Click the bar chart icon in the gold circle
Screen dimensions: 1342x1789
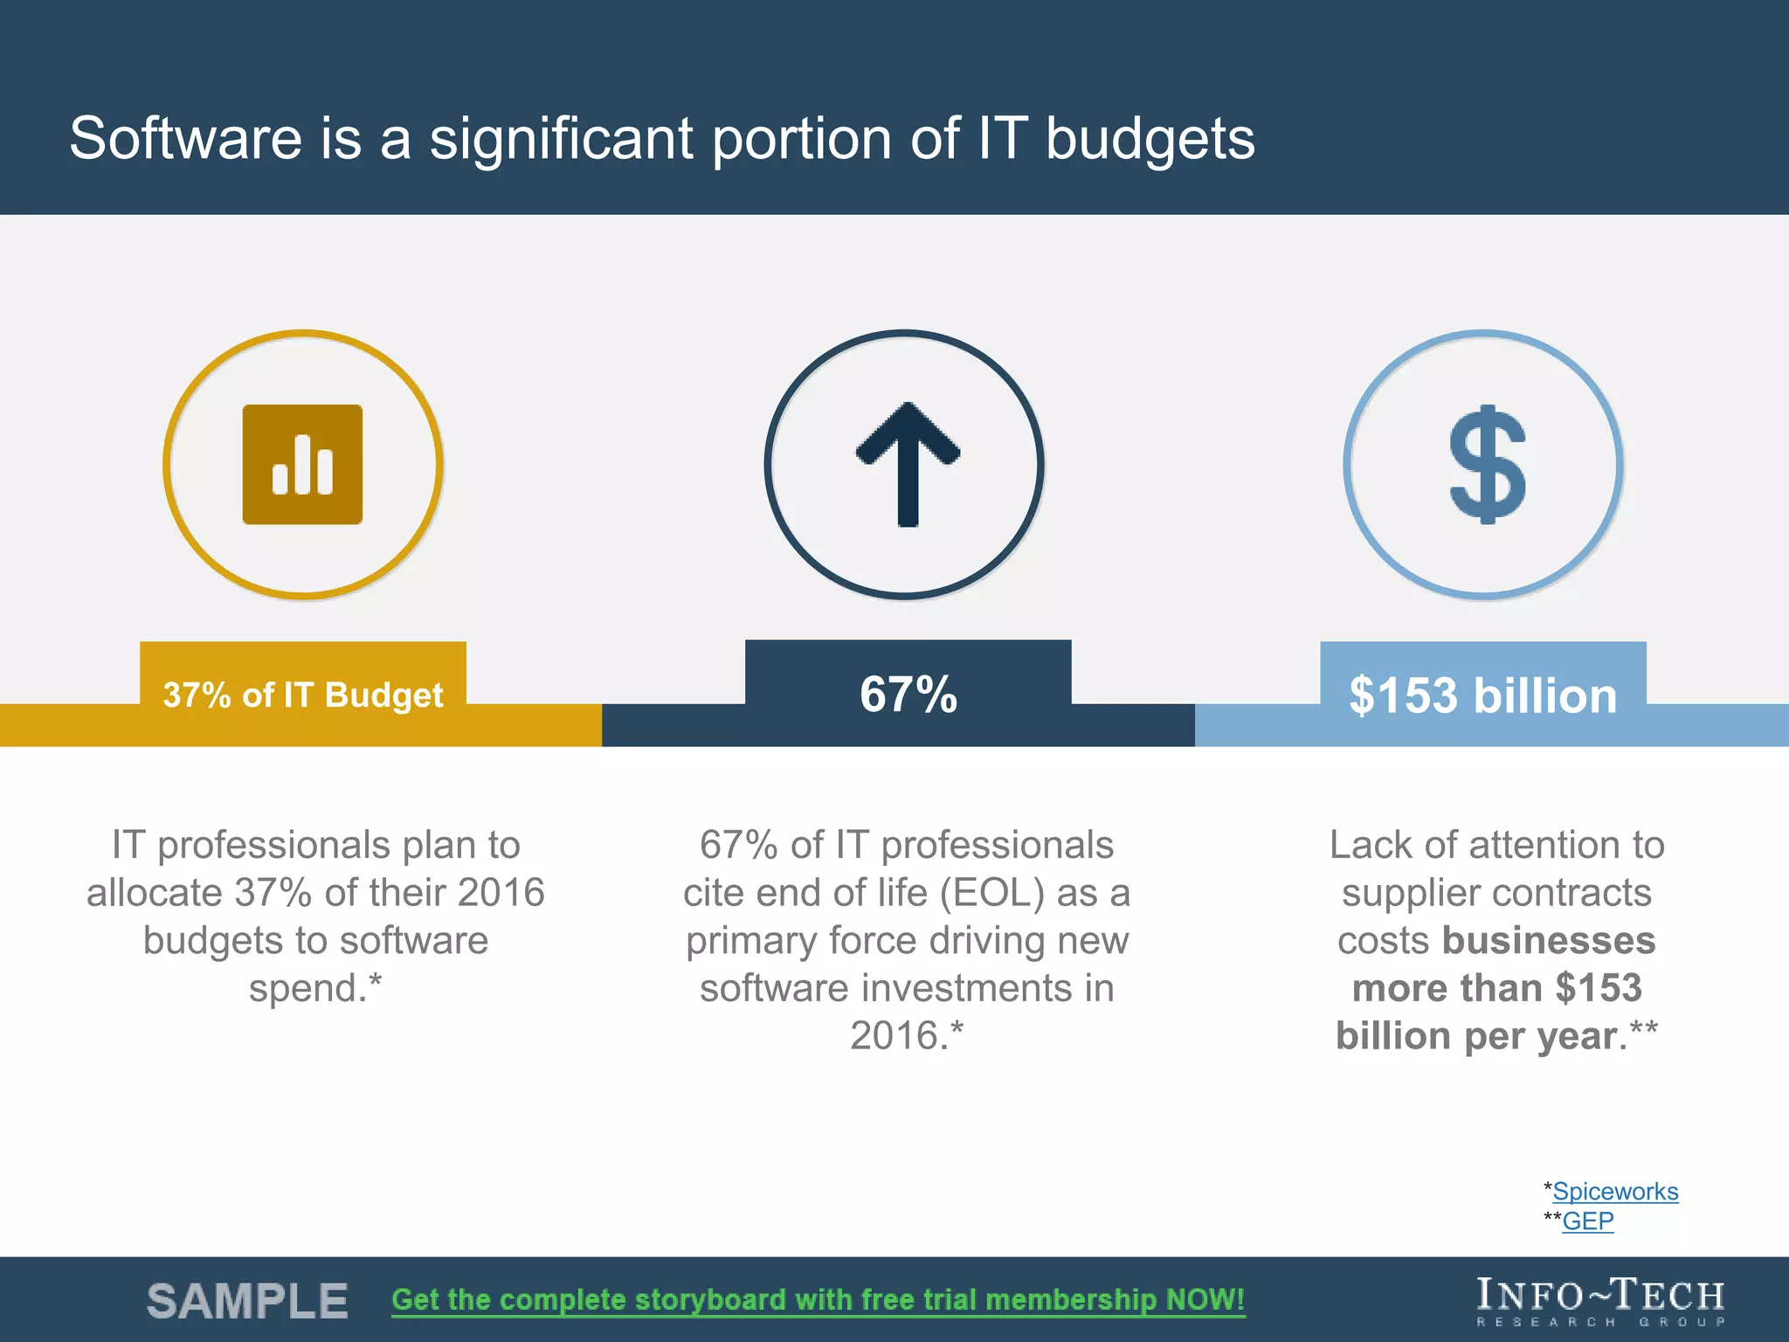coord(302,465)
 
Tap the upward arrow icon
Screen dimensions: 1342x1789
coord(908,464)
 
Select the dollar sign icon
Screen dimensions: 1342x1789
coord(1487,465)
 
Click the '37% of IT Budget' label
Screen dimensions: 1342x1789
coord(303,695)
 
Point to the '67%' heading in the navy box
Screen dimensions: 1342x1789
coord(908,695)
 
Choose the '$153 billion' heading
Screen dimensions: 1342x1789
coord(1483,695)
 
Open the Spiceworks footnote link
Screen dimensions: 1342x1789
coord(1615,1192)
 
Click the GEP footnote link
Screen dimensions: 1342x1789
coord(1587,1221)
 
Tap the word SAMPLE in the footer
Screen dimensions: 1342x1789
coord(247,1301)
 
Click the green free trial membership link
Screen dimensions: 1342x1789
coord(818,1300)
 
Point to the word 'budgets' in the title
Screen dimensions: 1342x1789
coord(1150,140)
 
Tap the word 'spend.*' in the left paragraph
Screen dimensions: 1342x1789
coord(315,988)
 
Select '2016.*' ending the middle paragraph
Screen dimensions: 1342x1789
coord(907,1036)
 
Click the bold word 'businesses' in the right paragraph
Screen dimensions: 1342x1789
coord(1548,941)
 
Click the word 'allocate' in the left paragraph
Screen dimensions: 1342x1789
coord(154,893)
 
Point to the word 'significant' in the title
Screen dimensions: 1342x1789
coord(560,140)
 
